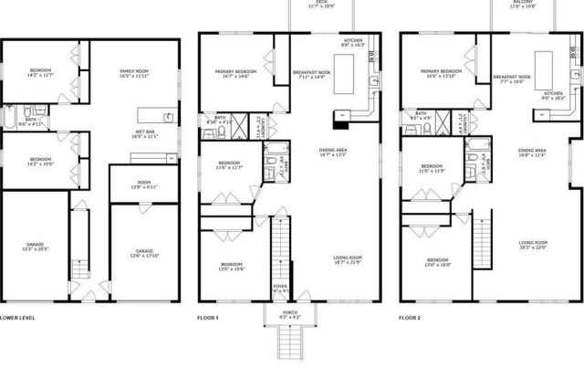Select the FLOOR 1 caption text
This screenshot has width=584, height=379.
209,318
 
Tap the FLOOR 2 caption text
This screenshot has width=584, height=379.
410,318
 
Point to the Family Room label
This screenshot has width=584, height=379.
134,72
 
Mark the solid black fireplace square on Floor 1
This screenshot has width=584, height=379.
341,115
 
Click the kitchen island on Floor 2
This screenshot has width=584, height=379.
547,66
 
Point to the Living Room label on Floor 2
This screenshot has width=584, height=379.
532,245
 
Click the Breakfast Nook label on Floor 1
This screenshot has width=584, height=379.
311,74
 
